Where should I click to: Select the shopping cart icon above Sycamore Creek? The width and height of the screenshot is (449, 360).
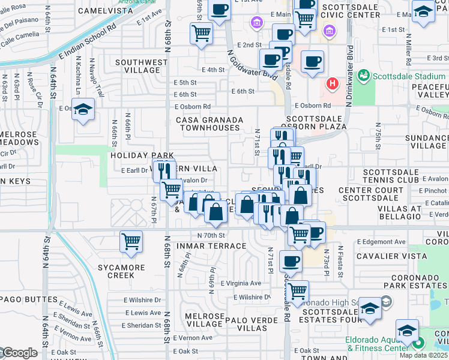click(x=131, y=242)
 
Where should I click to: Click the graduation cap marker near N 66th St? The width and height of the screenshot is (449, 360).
click(x=83, y=109)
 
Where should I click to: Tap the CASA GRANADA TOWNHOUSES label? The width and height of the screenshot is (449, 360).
click(x=208, y=124)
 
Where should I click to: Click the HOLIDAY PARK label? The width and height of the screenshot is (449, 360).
click(x=133, y=155)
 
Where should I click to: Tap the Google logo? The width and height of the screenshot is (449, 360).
click(x=19, y=353)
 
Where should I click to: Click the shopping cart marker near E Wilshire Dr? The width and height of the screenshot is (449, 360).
click(x=297, y=292)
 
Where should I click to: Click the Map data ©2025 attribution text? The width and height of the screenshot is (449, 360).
click(x=422, y=355)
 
